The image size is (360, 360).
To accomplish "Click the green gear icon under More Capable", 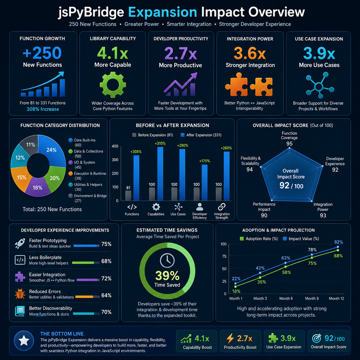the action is (113, 85).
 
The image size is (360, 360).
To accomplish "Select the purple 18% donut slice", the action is (37, 187).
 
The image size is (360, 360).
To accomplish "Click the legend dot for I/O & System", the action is (71, 162).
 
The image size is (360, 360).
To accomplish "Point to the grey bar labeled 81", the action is (128, 196).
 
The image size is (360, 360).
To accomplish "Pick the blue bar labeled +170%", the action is (205, 183).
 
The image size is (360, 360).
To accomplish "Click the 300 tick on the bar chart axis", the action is (115, 160).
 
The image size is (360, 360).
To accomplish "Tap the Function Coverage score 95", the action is (289, 144).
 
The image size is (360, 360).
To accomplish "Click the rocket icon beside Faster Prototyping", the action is (20, 243).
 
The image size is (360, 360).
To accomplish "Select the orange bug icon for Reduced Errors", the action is (20, 294).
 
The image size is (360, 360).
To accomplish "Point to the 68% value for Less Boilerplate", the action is (106, 261).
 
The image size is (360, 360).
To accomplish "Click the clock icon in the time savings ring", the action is (167, 260).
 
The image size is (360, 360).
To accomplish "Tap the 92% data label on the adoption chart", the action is (338, 242).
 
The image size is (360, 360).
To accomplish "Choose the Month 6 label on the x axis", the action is (286, 298).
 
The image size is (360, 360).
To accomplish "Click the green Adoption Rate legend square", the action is (242, 239).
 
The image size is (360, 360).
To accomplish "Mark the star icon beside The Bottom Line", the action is (24, 340).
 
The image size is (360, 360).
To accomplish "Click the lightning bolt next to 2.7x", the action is (230, 338).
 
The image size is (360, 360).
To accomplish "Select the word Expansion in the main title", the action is (162, 12).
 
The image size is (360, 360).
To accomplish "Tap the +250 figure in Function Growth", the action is (42, 53).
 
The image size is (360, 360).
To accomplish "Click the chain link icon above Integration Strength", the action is (222, 207).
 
